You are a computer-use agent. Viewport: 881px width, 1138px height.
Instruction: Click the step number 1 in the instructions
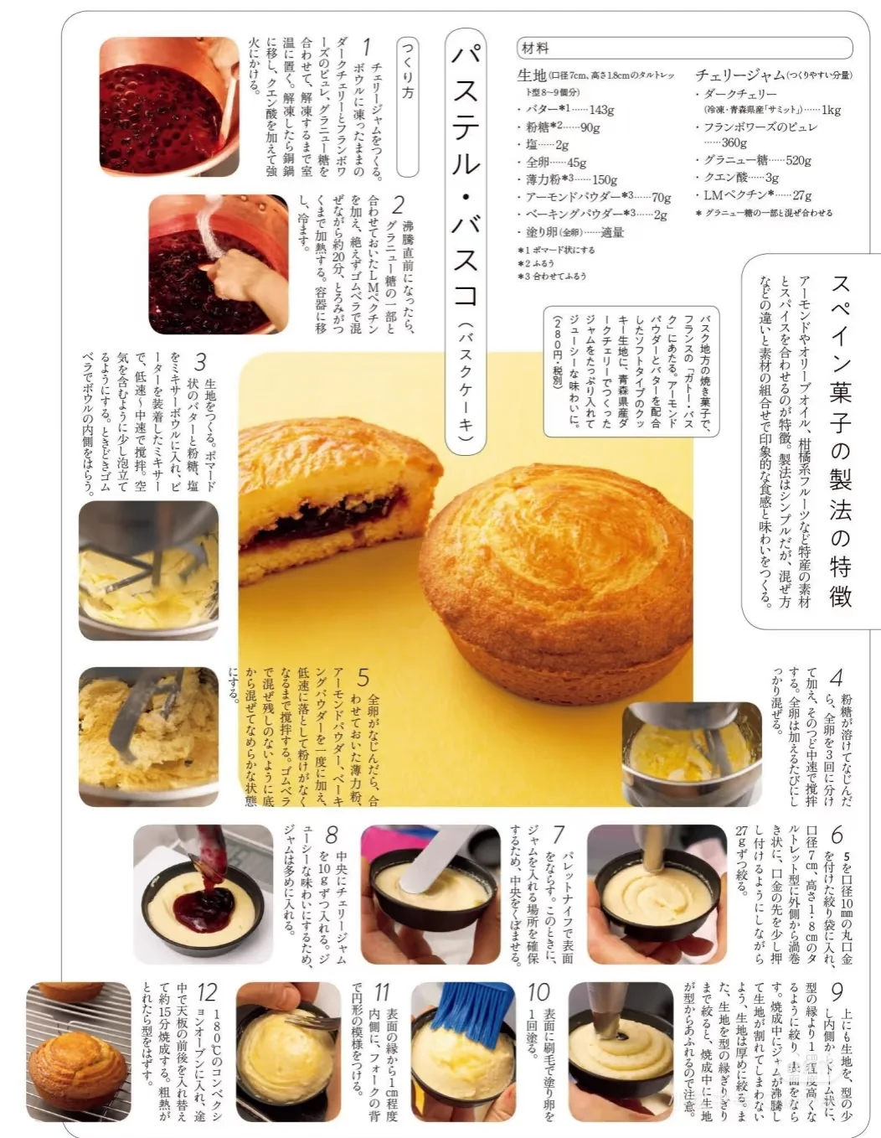[367, 47]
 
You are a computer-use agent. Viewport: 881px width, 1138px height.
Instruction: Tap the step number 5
[363, 677]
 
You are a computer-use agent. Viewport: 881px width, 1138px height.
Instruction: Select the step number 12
[207, 994]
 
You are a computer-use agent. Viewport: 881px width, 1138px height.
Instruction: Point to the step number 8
[332, 835]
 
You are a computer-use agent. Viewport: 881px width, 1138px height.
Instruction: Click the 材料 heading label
[535, 49]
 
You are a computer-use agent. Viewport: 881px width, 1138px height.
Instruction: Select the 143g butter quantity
[601, 110]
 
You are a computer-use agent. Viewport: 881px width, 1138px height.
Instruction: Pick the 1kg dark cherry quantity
[831, 110]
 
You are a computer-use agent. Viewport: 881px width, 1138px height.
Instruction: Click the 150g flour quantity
[604, 179]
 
